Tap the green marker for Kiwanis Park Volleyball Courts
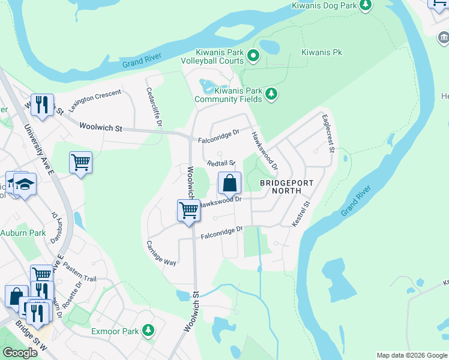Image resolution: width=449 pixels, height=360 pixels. [x=253, y=57]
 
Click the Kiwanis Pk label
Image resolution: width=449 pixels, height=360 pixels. [x=322, y=53]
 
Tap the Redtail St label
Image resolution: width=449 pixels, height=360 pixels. [x=220, y=163]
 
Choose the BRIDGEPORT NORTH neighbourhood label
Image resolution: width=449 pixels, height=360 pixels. [x=279, y=187]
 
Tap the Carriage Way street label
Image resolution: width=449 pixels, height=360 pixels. [x=161, y=254]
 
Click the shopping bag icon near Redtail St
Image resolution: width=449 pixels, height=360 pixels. [x=229, y=183]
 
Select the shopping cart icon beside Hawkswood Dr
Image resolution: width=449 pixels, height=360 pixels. [x=188, y=211]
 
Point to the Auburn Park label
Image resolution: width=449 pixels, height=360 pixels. [x=23, y=232]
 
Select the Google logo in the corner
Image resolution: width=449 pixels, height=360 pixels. [x=20, y=353]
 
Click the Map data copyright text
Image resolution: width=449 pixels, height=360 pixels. [x=411, y=355]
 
